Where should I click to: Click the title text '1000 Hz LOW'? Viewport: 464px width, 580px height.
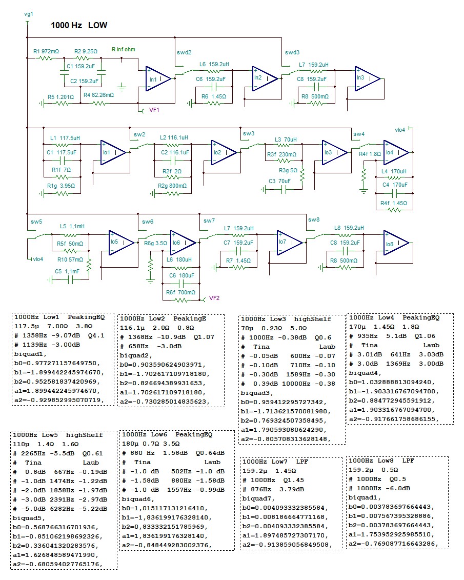pos(79,25)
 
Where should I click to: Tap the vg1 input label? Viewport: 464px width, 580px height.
pos(29,14)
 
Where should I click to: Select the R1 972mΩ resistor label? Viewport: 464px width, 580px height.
pos(46,51)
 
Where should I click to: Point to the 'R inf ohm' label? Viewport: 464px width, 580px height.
pos(124,49)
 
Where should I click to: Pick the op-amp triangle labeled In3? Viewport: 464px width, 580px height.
pos(367,78)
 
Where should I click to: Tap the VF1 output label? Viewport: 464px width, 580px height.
pos(154,110)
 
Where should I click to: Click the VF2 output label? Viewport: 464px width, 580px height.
pos(214,298)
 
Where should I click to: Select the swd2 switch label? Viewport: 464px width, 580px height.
pos(184,52)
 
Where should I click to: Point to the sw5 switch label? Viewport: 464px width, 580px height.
pos(36,222)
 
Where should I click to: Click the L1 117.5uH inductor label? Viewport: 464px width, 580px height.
pos(65,138)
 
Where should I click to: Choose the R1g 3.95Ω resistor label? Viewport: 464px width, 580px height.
pos(61,186)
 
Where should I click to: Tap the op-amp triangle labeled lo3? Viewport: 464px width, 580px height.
pos(334,152)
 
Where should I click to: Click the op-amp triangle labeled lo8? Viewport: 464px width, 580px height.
pos(396,243)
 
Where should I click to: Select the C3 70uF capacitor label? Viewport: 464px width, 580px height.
pos(279,181)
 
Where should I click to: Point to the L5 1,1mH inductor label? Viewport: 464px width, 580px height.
pos(72,226)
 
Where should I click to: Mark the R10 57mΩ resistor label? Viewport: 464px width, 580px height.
pos(70,259)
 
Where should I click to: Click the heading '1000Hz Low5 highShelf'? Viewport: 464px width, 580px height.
pos(58,435)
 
